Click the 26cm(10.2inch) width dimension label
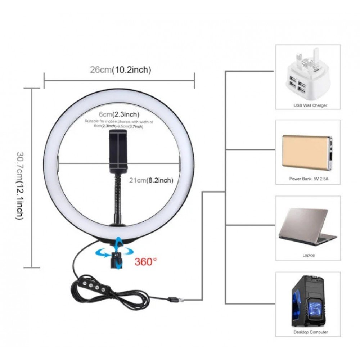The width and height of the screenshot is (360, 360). click(x=120, y=70)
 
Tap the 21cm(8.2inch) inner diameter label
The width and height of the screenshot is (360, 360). click(x=151, y=180)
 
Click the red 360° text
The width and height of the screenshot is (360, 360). click(x=146, y=261)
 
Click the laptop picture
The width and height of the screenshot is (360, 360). click(x=306, y=227)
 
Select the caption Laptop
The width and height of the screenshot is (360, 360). click(x=309, y=255)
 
